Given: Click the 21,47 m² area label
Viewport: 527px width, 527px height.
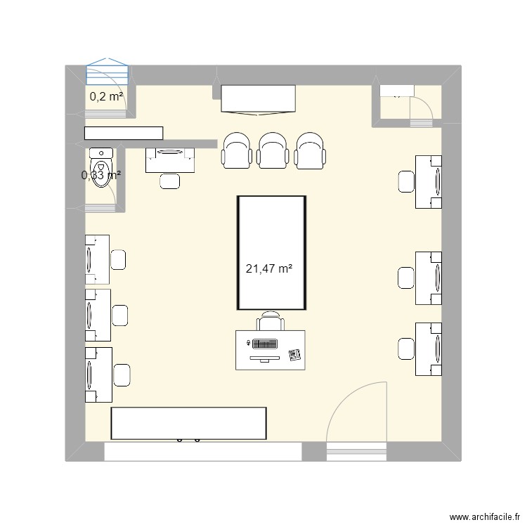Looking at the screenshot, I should point(269,268).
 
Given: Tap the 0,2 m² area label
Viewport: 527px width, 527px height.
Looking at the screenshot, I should point(106,97).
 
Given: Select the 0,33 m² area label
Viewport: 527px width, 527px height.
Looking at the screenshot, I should point(101,175).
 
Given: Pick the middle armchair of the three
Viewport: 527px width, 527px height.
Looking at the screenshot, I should point(273,150).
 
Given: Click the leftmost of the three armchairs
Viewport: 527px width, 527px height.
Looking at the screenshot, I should point(236,150).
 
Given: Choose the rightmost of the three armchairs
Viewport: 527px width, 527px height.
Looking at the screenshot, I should point(309,150).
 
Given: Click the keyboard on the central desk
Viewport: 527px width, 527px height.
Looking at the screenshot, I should point(264,345).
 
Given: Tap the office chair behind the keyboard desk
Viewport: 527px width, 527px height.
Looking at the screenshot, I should point(271,322).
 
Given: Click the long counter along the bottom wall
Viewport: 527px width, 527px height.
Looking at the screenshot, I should point(188,423).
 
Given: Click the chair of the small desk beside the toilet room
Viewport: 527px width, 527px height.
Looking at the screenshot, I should point(169,181).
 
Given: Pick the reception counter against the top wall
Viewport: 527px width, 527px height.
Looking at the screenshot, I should point(257,98).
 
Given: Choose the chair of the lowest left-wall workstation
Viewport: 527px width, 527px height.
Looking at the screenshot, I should point(122,375).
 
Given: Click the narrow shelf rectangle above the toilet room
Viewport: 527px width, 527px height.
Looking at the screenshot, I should point(124,133).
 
